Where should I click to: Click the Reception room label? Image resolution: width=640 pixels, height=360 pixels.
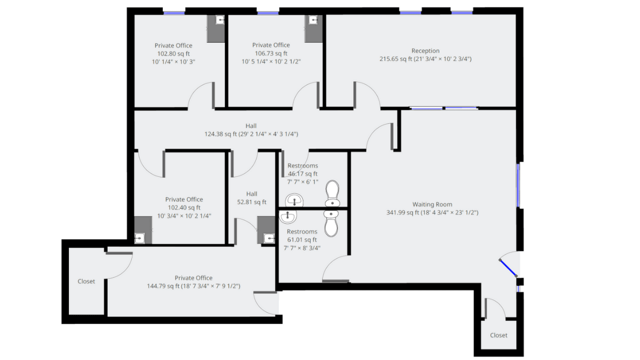coord(426,51)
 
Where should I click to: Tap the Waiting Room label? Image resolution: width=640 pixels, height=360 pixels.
coord(432,204)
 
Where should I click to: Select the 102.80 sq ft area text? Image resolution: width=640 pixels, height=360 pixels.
coord(173,54)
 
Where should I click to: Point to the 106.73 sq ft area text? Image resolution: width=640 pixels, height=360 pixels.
coord(271,53)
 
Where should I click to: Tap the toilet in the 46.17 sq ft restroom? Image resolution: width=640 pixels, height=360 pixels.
coord(332,193)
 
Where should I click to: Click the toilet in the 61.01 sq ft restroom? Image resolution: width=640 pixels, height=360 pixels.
coord(331,223)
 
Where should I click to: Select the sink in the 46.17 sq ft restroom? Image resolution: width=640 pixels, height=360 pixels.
coord(294,200)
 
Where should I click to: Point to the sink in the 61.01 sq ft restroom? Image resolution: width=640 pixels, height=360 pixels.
coord(287,217)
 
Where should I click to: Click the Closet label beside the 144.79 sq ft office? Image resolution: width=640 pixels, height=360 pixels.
coord(86,282)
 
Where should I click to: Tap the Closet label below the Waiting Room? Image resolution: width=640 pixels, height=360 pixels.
coord(499,335)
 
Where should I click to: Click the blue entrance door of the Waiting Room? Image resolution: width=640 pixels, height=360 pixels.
coord(508,268)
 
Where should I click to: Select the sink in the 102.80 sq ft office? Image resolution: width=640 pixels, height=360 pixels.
coord(220,20)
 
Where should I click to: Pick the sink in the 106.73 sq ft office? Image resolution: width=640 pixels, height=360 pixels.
coord(314,20)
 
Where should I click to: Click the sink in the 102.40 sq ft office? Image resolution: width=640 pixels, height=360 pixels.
coord(139,238)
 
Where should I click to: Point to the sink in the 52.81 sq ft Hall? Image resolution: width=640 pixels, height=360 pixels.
coord(269,238)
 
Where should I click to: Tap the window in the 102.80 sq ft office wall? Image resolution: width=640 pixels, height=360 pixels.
coord(174,13)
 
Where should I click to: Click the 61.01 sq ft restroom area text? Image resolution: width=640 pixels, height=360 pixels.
coord(302,239)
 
